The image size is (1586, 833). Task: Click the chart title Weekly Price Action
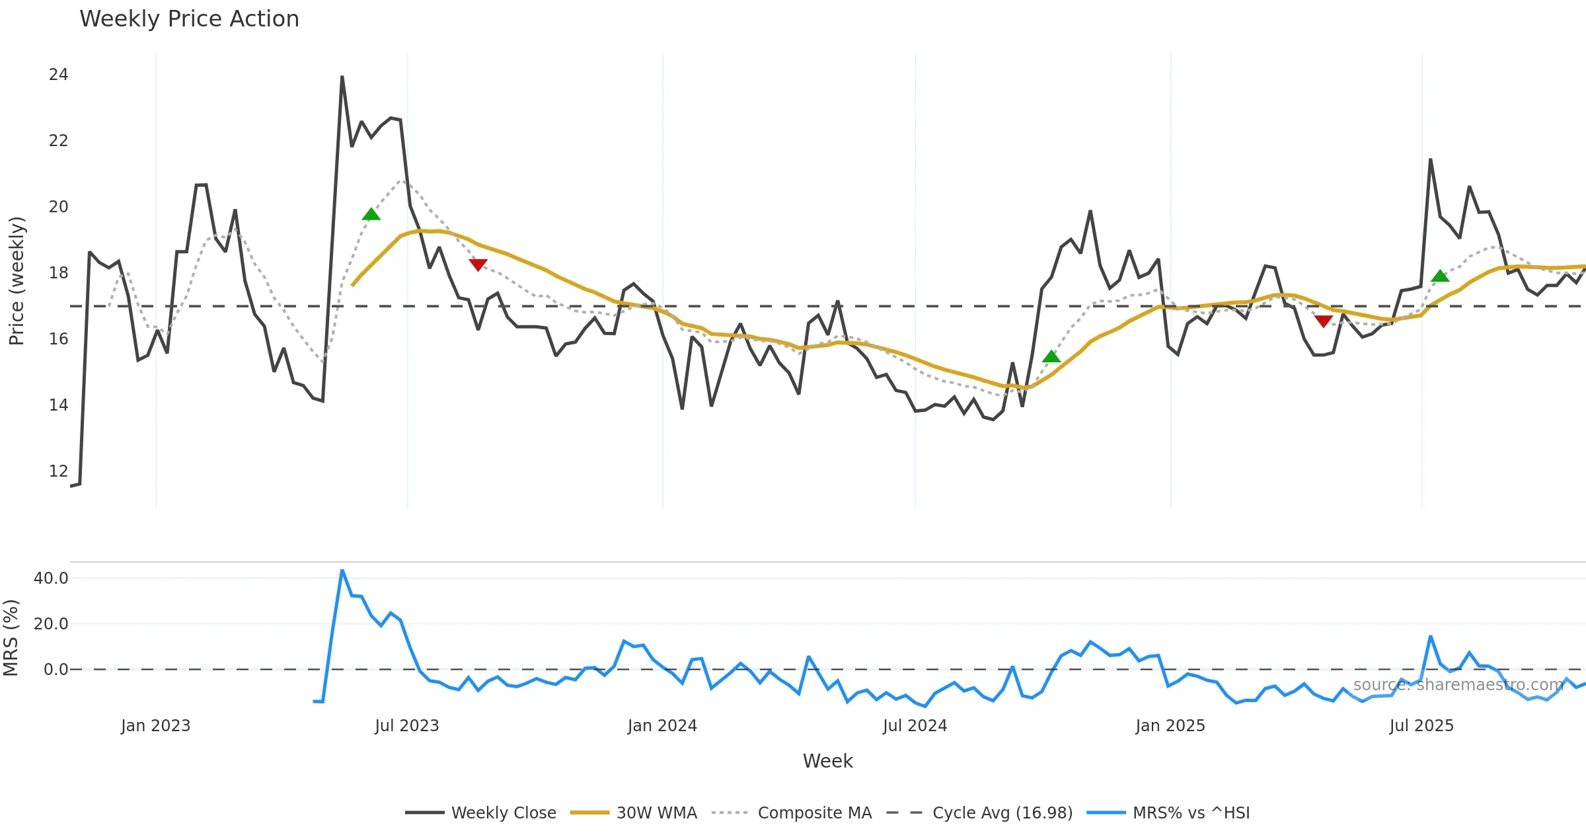(x=189, y=19)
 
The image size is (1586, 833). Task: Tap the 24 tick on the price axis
(x=58, y=75)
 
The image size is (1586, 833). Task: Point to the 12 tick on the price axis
(x=58, y=471)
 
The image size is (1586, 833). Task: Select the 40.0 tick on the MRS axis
(x=51, y=578)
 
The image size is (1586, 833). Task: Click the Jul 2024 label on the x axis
(x=915, y=726)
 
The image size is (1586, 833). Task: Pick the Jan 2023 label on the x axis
(x=155, y=726)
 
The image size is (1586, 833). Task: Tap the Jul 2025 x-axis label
(x=1421, y=726)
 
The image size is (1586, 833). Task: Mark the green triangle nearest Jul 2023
(x=371, y=214)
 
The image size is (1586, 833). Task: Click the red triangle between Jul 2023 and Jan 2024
(x=478, y=265)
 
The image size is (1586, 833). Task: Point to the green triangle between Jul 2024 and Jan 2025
(x=1051, y=357)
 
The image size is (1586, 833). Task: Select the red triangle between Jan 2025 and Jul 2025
(x=1323, y=321)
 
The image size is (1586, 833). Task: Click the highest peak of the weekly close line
(x=342, y=77)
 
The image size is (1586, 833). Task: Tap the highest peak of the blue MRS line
(x=342, y=570)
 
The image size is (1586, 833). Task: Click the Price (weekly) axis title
(x=17, y=281)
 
